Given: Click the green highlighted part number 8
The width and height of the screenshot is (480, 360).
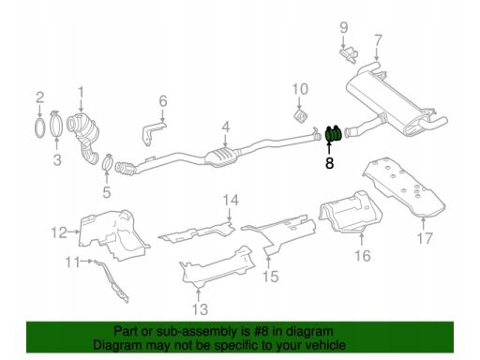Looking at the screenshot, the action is click(334, 133).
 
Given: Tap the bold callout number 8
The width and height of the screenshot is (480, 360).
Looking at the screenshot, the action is click(329, 163).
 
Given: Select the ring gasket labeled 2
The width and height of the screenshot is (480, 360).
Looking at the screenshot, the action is click(39, 127).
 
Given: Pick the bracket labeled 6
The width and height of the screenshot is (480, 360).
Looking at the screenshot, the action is click(152, 133).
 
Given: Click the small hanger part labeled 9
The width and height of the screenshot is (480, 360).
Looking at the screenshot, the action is click(349, 54).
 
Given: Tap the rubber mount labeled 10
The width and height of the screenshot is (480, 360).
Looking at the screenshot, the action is click(301, 116).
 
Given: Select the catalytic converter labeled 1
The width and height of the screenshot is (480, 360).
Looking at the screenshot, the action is click(84, 138).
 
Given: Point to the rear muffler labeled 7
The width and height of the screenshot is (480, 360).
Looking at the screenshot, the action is click(395, 99).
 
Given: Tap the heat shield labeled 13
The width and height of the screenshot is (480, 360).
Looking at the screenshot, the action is click(217, 268).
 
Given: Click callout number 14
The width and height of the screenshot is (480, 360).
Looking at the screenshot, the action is click(231, 201).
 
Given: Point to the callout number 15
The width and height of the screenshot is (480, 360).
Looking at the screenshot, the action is click(271, 277).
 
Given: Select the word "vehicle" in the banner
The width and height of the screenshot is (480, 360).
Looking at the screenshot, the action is click(325, 345).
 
